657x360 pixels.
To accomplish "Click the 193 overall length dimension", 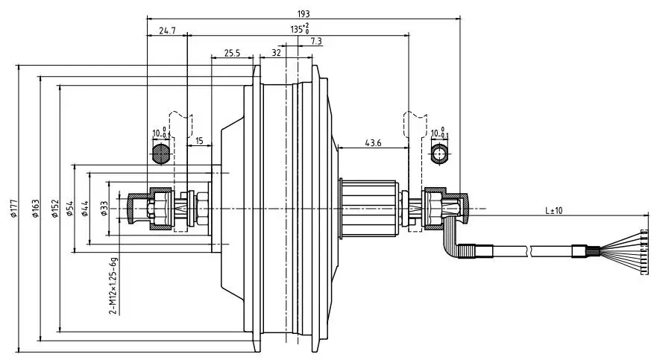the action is (x=304, y=14).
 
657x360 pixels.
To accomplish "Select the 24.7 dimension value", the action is (x=167, y=31).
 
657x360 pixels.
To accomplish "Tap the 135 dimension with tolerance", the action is (x=300, y=29).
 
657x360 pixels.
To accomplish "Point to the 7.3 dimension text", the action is (x=316, y=41).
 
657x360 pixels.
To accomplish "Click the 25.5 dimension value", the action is (x=232, y=53).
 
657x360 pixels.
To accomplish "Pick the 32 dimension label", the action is (x=276, y=53).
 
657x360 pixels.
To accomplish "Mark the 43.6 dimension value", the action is (x=373, y=143).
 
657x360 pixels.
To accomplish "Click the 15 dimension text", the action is (x=199, y=141).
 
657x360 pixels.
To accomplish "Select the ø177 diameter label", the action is (x=14, y=209).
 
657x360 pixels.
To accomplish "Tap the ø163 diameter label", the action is (x=35, y=209).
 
